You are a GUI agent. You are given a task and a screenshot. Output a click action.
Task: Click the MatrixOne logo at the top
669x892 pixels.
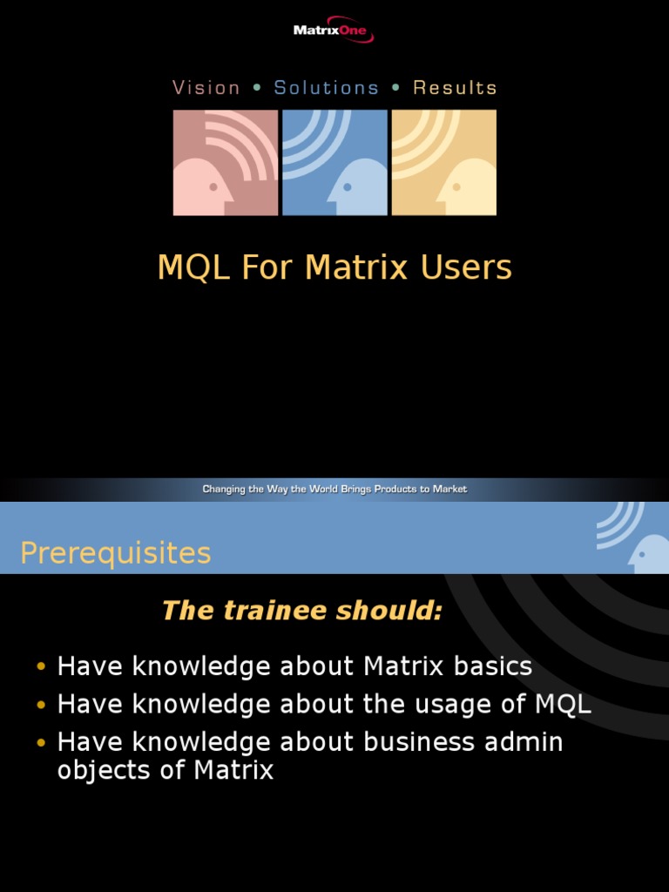pyautogui.click(x=334, y=31)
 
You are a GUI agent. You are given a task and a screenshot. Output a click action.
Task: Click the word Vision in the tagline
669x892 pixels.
pyautogui.click(x=206, y=88)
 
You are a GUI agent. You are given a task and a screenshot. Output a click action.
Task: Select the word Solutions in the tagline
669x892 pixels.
pyautogui.click(x=327, y=88)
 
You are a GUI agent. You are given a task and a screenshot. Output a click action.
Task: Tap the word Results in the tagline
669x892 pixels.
pyautogui.click(x=455, y=88)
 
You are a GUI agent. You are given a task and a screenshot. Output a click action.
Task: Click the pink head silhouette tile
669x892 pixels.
pyautogui.click(x=226, y=163)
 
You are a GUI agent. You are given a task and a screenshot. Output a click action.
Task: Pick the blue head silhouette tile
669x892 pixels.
pyautogui.click(x=334, y=163)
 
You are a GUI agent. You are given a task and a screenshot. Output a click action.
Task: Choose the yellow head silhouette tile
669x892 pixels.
pyautogui.click(x=444, y=163)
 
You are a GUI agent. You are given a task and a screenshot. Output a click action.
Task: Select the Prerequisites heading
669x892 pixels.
pyautogui.click(x=115, y=553)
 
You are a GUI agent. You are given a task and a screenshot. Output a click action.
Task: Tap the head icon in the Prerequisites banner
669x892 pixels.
pyautogui.click(x=646, y=552)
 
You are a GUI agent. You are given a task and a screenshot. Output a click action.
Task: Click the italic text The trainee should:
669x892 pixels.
pyautogui.click(x=301, y=612)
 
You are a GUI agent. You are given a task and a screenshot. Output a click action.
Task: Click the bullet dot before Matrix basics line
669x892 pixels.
pyautogui.click(x=41, y=668)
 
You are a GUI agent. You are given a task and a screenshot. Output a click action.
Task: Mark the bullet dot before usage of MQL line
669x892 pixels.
pyautogui.click(x=41, y=706)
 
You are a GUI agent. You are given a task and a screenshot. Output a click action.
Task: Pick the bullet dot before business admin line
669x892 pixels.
pyautogui.click(x=41, y=743)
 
